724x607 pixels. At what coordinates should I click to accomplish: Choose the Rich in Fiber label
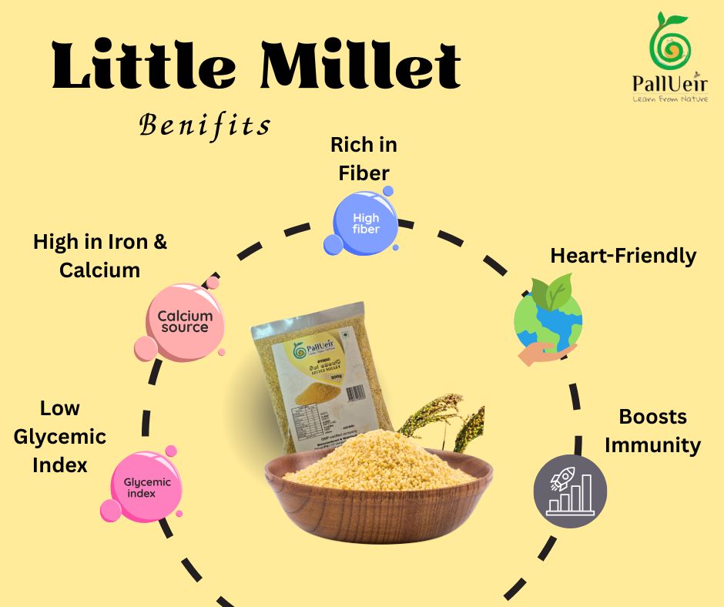[364, 158]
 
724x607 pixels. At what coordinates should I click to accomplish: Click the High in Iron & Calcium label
[100, 256]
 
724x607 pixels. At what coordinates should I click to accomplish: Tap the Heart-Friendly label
[622, 256]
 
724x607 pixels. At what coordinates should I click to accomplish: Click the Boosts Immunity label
[652, 431]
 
